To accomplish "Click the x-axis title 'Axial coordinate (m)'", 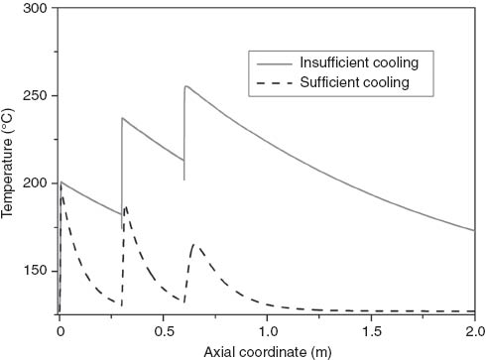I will [x=266, y=350].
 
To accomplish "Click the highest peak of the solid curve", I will [x=185, y=86].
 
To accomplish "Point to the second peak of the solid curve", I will [x=123, y=118].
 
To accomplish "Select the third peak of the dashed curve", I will [x=194, y=244].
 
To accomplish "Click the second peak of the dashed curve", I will [x=126, y=206].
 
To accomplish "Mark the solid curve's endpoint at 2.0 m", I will [x=474, y=230].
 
